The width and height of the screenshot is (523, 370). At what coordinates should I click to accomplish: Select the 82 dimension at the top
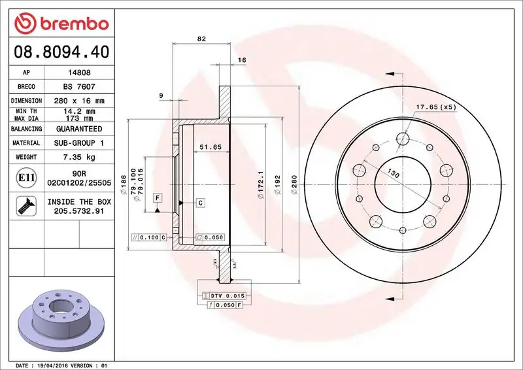point(201,39)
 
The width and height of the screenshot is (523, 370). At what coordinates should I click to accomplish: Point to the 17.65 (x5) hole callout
point(436,107)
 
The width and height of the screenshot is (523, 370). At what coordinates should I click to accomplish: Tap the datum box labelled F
point(158,197)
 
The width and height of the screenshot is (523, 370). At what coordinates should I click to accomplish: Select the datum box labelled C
point(200,203)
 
